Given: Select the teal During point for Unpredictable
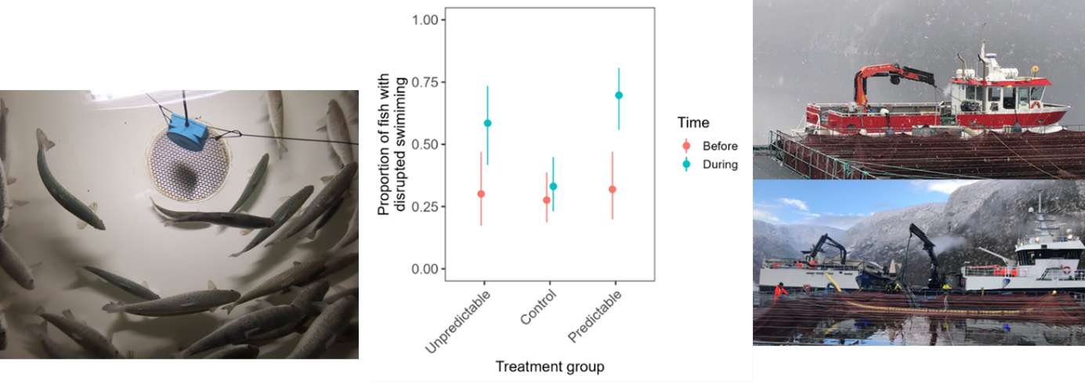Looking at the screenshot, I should pos(487,123).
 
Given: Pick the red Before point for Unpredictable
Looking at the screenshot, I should pos(481,193).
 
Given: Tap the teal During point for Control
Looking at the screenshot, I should pos(553,186).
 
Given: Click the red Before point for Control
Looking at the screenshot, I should pos(547,200).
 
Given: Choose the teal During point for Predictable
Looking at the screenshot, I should pos(619,95).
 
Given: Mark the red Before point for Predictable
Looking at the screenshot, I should pos(613,189).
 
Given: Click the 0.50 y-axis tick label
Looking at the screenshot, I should pos(428,144).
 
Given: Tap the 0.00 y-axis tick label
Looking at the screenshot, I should pos(428,269).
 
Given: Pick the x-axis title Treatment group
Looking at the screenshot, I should pos(550,366).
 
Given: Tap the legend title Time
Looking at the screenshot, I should pos(693,123).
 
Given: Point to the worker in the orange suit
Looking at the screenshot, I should pos(781,291).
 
